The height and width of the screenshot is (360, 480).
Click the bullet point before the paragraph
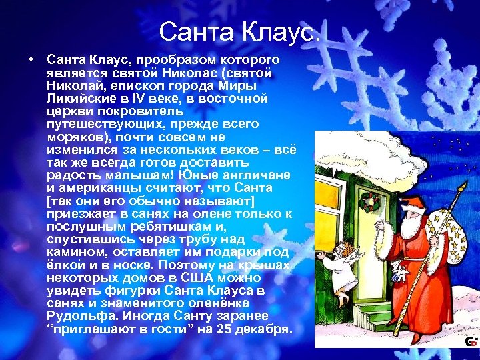coord(31,59)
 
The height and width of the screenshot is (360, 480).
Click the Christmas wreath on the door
coord(372,203)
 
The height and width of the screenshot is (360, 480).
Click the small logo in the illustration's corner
coord(470,341)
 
